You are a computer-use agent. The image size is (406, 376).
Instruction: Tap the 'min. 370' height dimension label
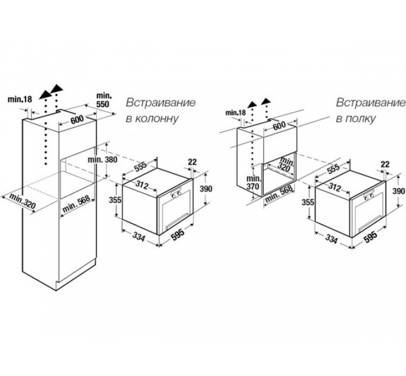tap(254, 182)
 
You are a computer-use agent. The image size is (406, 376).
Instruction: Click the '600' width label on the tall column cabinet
tap(77, 119)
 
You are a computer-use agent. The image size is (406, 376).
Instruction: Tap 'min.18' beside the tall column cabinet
tap(20, 99)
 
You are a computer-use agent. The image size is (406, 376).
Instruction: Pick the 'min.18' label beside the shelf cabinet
tap(235, 112)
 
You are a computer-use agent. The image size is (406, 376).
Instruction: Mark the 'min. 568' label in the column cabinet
tap(78, 207)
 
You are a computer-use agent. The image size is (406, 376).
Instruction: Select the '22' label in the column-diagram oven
tap(192, 162)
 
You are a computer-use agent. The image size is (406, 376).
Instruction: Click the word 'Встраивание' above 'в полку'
tap(371, 102)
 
